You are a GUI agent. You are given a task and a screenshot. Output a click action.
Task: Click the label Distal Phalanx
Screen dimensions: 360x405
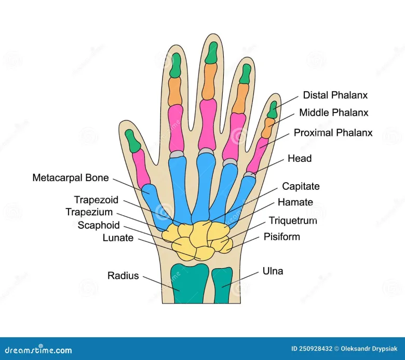pyautogui.click(x=335, y=95)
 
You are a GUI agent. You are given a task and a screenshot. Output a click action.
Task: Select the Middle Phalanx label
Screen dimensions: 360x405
pyautogui.click(x=333, y=113)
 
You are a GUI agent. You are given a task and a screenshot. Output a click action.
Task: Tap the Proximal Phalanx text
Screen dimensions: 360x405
pyautogui.click(x=333, y=133)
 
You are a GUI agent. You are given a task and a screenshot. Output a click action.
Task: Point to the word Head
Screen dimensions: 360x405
pyautogui.click(x=300, y=158)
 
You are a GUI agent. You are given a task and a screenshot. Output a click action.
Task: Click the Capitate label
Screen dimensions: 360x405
pyautogui.click(x=301, y=186)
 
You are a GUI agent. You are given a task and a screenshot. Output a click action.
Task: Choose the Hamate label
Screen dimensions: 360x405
pyautogui.click(x=295, y=202)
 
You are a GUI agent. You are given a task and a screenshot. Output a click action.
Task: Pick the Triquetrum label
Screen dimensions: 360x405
pyautogui.click(x=292, y=220)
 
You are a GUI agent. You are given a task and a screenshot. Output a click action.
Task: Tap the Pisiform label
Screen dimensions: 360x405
pyautogui.click(x=281, y=237)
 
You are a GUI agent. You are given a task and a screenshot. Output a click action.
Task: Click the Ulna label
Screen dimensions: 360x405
pyautogui.click(x=273, y=271)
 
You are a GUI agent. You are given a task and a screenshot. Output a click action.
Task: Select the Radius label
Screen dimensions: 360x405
pyautogui.click(x=123, y=275)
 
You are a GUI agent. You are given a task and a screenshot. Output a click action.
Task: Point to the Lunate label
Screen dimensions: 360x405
pyautogui.click(x=118, y=238)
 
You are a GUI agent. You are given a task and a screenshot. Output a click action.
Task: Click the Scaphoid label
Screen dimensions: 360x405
pyautogui.click(x=99, y=225)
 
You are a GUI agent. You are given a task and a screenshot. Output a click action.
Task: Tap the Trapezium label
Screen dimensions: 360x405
pyautogui.click(x=90, y=212)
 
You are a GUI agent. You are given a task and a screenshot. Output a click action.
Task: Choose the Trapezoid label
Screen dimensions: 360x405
pyautogui.click(x=96, y=200)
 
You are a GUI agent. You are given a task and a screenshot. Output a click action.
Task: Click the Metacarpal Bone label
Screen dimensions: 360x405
pyautogui.click(x=71, y=178)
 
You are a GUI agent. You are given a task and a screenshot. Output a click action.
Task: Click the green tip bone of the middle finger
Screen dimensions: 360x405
pyautogui.click(x=211, y=53)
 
